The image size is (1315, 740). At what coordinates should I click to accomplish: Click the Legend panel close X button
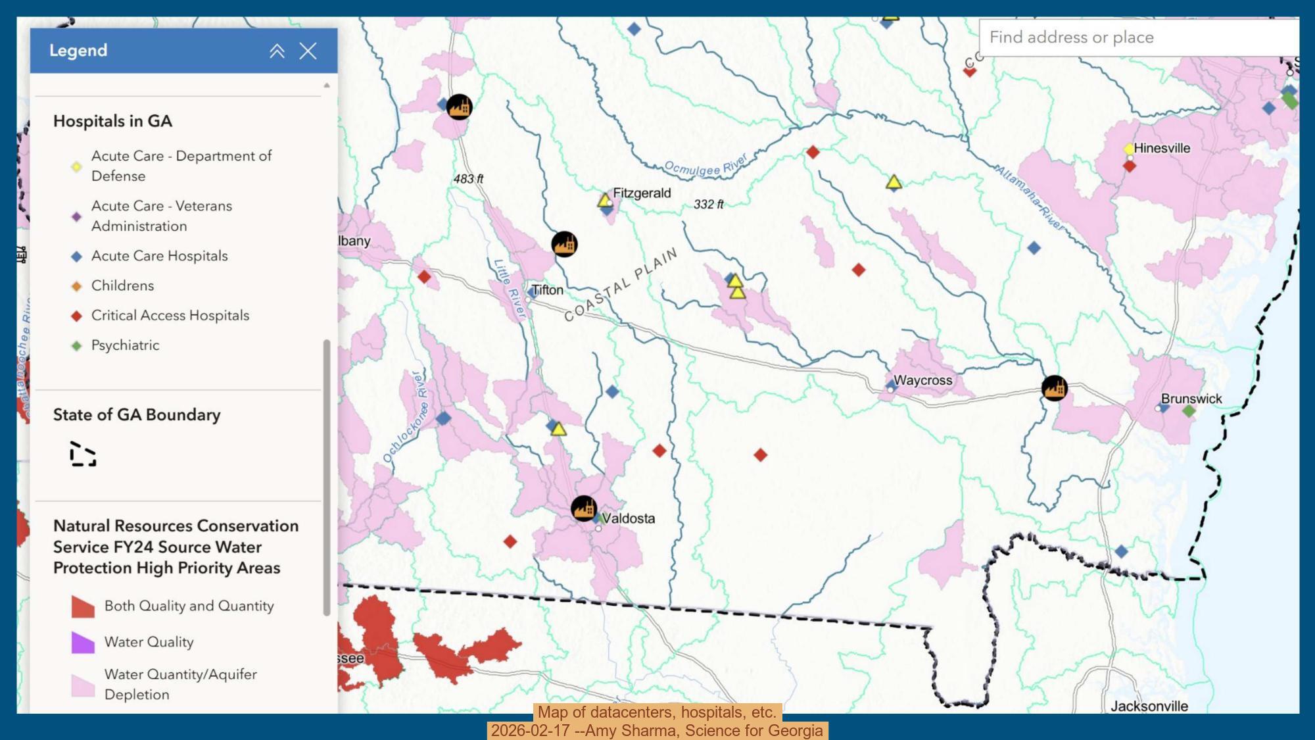pos(308,51)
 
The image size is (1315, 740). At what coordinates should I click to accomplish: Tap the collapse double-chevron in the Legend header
pos(277,51)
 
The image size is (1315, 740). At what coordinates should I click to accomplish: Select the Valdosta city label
pos(629,518)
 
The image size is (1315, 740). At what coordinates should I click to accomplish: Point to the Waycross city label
pos(922,380)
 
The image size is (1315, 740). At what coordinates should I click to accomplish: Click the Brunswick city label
pos(1191,399)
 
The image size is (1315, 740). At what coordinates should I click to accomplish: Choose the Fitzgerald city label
pos(642,193)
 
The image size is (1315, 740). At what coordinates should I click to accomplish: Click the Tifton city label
pos(547,290)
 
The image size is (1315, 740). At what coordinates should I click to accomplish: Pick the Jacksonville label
pos(1149,706)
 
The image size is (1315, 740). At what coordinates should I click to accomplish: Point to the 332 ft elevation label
pos(708,205)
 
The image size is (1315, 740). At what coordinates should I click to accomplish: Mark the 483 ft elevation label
pos(468,179)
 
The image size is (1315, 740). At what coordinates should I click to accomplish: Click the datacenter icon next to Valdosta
pos(583,508)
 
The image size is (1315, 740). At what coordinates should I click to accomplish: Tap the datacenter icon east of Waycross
pos(1054,388)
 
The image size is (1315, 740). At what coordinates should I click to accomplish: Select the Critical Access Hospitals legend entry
pos(170,316)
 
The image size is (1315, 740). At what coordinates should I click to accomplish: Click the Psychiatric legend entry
pos(125,345)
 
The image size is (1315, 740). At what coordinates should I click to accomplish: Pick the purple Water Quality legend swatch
pos(83,643)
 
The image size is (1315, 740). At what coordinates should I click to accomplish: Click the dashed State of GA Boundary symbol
pos(83,455)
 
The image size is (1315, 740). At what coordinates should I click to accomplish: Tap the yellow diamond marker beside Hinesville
pos(1129,149)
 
